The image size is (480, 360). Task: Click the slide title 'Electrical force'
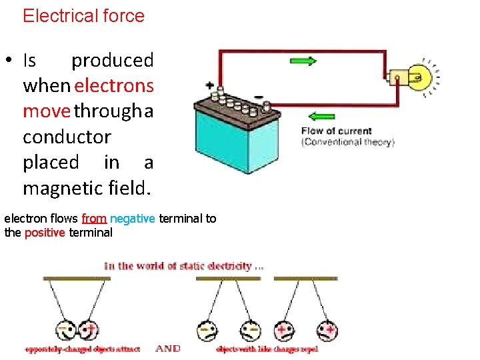[83, 16]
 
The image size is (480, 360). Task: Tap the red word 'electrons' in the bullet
[115, 86]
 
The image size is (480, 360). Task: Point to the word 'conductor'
[67, 137]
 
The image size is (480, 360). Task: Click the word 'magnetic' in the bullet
[62, 189]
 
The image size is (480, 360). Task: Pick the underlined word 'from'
[94, 219]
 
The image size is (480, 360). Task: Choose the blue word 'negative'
[133, 219]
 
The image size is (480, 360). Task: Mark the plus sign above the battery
[211, 86]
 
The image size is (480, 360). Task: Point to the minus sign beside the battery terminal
[258, 95]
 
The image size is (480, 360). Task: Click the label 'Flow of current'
[337, 131]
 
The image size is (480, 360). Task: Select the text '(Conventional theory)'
[348, 142]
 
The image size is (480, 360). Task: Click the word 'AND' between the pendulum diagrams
[169, 349]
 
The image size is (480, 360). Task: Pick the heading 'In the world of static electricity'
[186, 266]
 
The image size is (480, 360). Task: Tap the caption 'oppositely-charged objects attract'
[83, 349]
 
